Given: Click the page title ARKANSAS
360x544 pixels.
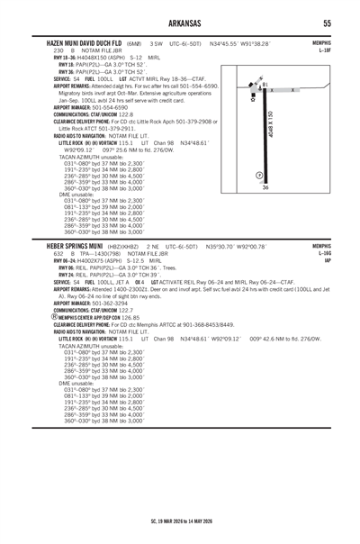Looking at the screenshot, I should [x=179, y=23].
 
